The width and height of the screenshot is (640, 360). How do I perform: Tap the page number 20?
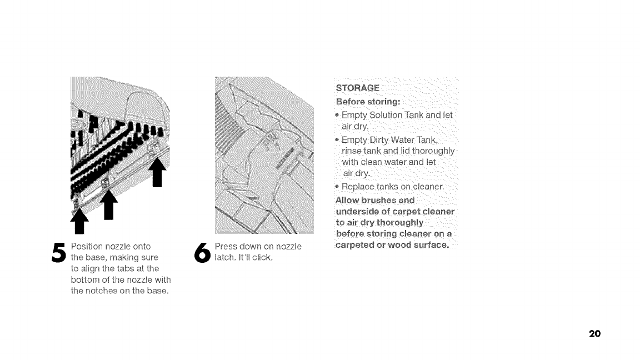click(x=594, y=333)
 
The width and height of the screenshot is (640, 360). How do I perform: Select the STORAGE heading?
click(x=358, y=88)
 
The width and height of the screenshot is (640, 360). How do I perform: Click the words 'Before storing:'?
click(x=368, y=101)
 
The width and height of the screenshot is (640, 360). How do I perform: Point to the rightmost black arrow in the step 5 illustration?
click(x=157, y=172)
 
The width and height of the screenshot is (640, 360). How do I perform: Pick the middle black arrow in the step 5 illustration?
click(x=109, y=205)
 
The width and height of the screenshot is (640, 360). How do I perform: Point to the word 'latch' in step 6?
click(x=225, y=257)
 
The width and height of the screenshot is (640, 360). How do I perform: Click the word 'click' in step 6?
click(x=262, y=257)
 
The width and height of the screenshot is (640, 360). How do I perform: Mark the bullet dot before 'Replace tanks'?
click(x=338, y=186)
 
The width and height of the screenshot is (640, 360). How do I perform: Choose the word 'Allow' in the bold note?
click(x=348, y=200)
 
